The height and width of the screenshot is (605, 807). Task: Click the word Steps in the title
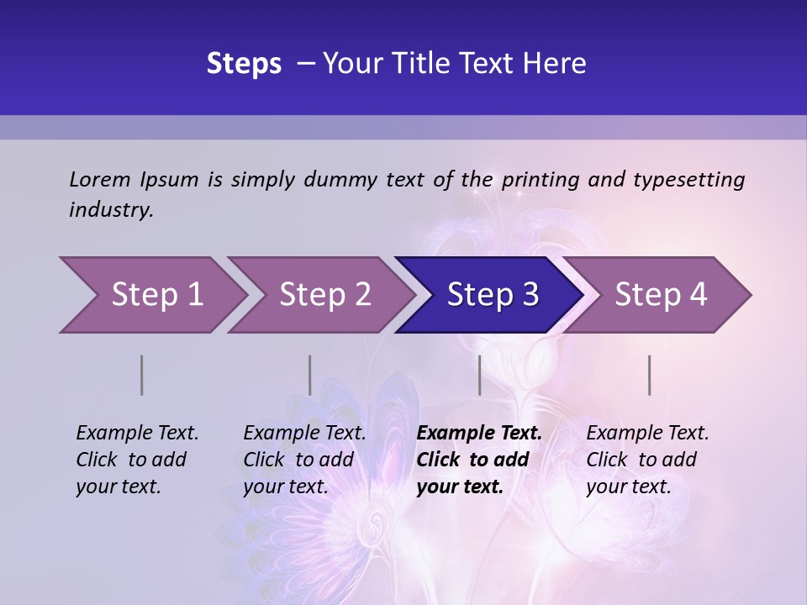coord(244,64)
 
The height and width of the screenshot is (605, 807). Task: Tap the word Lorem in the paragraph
coord(99,180)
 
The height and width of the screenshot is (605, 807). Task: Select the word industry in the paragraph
coord(110,210)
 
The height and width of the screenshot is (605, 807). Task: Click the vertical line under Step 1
coord(141,375)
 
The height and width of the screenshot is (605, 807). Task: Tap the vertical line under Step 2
coord(309,375)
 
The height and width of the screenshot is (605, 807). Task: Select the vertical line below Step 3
coord(479,375)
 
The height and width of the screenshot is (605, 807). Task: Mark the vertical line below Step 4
coord(649,375)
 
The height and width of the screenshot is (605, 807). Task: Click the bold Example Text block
coord(478,460)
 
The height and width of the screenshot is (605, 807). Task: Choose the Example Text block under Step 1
coord(136,460)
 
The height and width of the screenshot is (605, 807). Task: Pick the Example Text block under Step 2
coord(303,460)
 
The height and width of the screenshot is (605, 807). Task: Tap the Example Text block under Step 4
coord(646,460)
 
